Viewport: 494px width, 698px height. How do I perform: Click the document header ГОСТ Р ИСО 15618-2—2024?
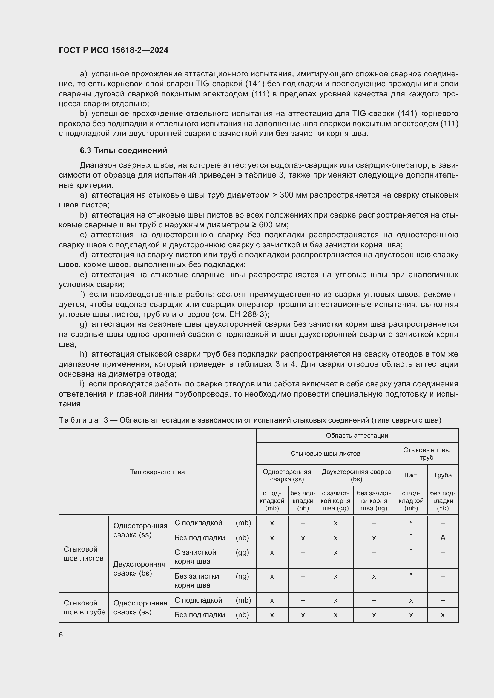[113, 50]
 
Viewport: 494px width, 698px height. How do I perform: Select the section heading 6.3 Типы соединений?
[124, 150]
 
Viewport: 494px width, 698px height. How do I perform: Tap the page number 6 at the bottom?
[61, 635]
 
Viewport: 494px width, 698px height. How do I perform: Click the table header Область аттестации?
[357, 435]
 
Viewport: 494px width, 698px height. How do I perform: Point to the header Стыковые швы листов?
[325, 453]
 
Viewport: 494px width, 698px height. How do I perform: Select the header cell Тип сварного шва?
[157, 472]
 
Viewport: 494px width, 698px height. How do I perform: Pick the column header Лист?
[411, 475]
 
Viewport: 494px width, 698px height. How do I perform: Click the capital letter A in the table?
[443, 538]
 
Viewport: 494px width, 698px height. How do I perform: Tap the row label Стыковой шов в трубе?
[84, 607]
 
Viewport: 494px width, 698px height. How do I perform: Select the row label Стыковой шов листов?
[83, 554]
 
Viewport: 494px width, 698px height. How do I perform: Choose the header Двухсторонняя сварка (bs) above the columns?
[356, 475]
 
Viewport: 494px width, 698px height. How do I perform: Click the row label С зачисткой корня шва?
[195, 557]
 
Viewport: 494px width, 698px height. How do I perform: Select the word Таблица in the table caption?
[79, 420]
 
